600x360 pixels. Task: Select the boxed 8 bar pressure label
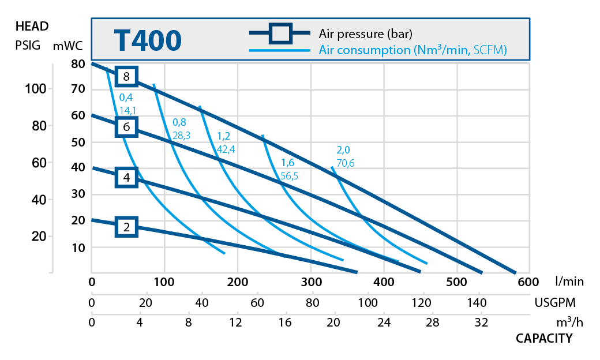(126, 76)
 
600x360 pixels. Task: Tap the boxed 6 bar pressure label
(126, 126)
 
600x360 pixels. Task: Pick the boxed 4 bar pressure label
(126, 177)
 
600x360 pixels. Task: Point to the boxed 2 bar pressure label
(126, 227)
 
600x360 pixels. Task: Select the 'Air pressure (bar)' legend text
(365, 33)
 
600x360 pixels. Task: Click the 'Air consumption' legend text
(412, 50)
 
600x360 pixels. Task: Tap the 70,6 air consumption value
(346, 163)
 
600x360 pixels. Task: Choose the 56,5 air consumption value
(289, 176)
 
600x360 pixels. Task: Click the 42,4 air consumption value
(226, 149)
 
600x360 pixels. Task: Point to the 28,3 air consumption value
(182, 136)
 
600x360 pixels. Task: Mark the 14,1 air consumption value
(128, 111)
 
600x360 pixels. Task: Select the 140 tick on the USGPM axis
(477, 302)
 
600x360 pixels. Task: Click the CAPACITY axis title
(543, 338)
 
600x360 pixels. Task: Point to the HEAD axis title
(32, 26)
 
